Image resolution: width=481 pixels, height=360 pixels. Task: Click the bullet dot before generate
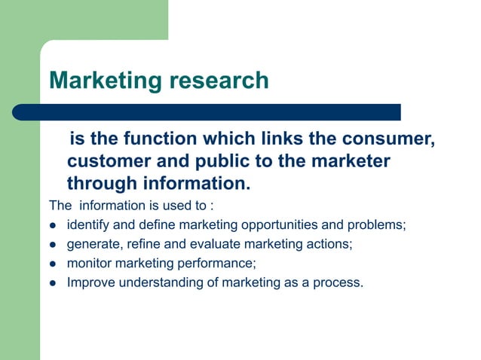click(x=54, y=245)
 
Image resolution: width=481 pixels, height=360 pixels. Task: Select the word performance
click(x=221, y=264)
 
